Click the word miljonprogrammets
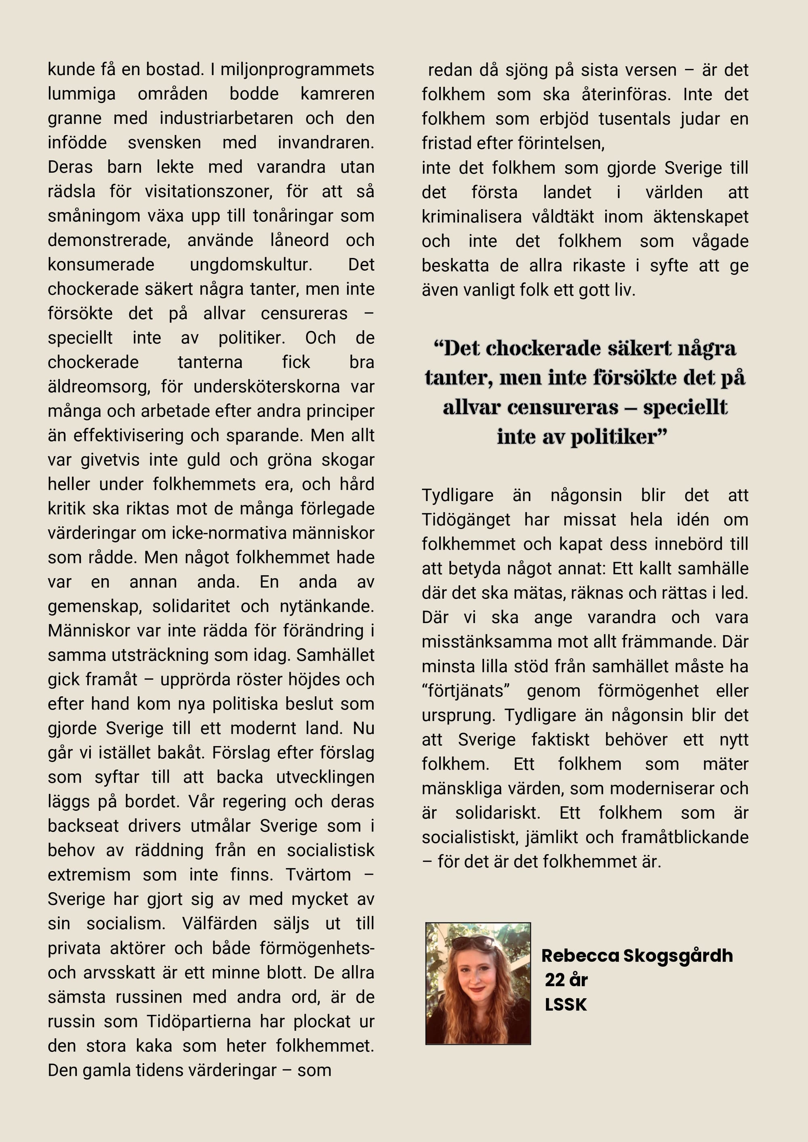point(297,69)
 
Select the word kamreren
point(337,94)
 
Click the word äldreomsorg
point(99,386)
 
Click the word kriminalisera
point(471,216)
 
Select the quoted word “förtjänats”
point(466,691)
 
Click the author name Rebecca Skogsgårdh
point(636,955)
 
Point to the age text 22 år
point(566,980)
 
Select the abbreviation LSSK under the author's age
point(566,1004)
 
